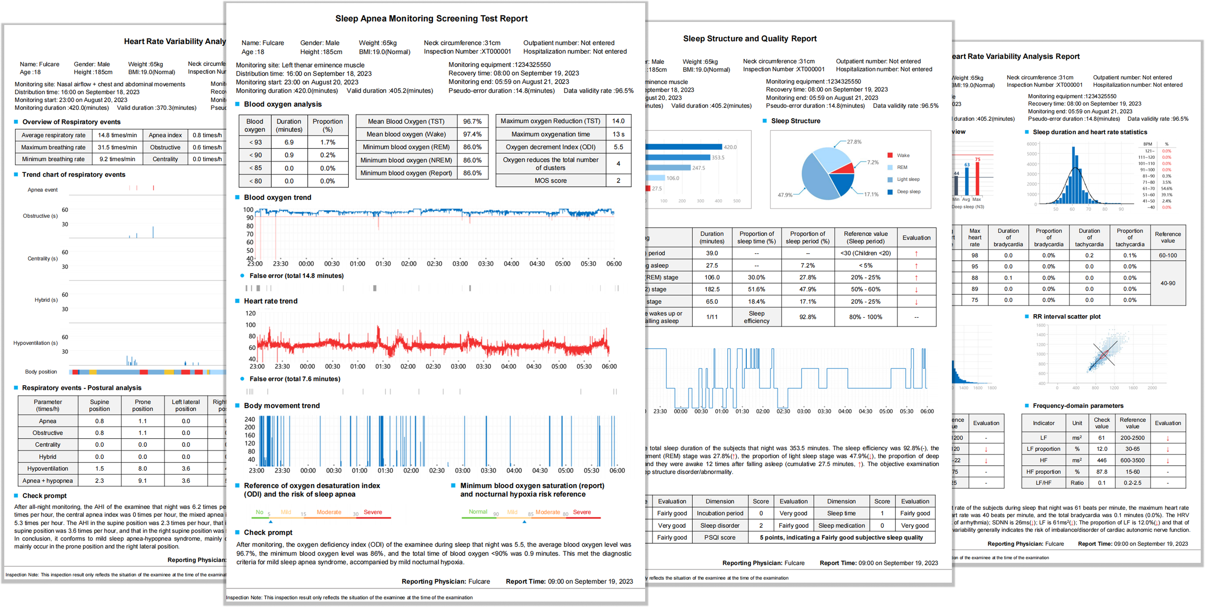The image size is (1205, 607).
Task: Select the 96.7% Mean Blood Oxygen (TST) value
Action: tap(472, 121)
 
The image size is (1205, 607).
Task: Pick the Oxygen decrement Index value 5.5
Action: tap(618, 147)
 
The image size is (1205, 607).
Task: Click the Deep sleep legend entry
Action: tap(908, 192)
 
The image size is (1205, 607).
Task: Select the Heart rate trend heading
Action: tap(270, 301)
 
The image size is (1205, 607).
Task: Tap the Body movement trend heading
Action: tap(281, 405)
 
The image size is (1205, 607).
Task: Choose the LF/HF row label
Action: tap(1043, 482)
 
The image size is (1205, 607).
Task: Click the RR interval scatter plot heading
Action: tap(1066, 317)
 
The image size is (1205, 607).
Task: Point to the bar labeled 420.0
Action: tap(683, 147)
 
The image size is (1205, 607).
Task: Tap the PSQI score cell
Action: tap(719, 537)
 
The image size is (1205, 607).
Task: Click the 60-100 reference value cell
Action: tap(1168, 255)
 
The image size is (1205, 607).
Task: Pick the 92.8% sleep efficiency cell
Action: tap(807, 317)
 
